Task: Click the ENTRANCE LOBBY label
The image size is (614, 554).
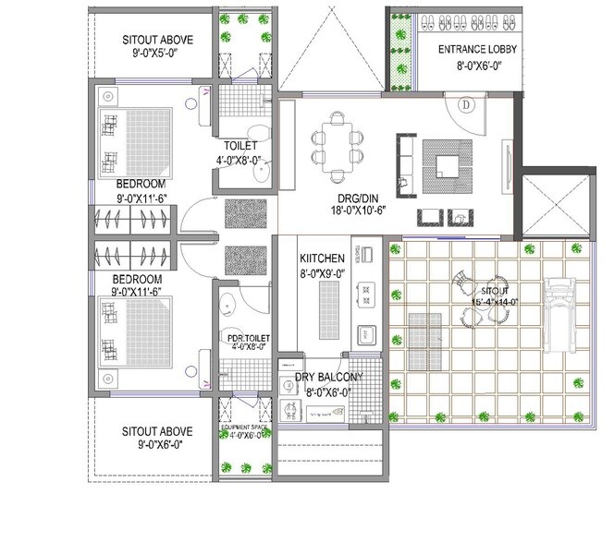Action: [x=478, y=49]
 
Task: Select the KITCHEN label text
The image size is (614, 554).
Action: [x=322, y=259]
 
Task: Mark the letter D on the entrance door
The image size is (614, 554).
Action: [x=466, y=105]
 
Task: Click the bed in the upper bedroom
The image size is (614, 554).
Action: [x=134, y=142]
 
